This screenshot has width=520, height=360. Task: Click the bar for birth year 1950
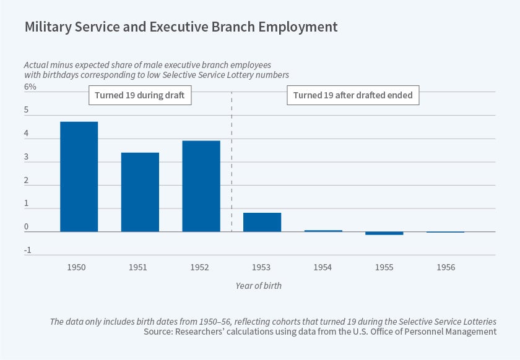pyautogui.click(x=79, y=177)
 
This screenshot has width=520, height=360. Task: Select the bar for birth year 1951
pyautogui.click(x=140, y=192)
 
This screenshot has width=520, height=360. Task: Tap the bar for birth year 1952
pyautogui.click(x=201, y=186)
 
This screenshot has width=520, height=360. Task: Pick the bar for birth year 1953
pyautogui.click(x=262, y=222)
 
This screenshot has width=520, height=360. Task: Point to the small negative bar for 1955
pyautogui.click(x=384, y=233)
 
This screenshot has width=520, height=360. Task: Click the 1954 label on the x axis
pyautogui.click(x=323, y=267)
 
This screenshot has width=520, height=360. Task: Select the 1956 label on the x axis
pyautogui.click(x=446, y=267)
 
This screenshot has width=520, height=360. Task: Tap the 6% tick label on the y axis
pyautogui.click(x=30, y=87)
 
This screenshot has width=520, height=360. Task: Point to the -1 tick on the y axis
pyautogui.click(x=27, y=251)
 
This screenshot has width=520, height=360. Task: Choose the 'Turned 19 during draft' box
pyautogui.click(x=140, y=95)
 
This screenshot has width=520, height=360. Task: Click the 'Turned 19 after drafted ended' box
pyautogui.click(x=353, y=95)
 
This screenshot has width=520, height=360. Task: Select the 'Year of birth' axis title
pyautogui.click(x=259, y=286)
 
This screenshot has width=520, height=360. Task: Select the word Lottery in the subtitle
pyautogui.click(x=243, y=75)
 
